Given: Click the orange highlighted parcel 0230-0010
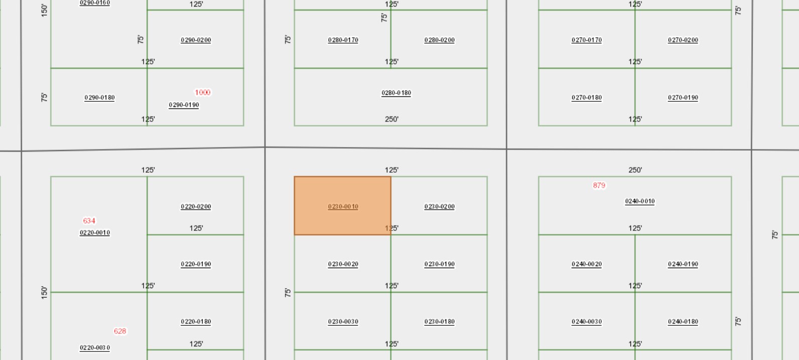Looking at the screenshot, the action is [x=342, y=205].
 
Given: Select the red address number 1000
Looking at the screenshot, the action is [x=203, y=92].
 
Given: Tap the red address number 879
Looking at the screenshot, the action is [x=599, y=185].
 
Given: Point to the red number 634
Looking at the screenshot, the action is [x=89, y=220].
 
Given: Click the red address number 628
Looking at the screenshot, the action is [x=120, y=331].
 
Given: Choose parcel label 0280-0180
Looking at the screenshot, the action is [x=396, y=93].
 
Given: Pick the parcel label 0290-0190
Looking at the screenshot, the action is [x=184, y=105].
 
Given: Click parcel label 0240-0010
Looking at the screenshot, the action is [x=640, y=201].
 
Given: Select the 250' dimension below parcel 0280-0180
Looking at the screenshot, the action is [x=391, y=119].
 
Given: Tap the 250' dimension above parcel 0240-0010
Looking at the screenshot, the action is [x=635, y=170].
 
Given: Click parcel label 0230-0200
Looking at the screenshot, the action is [x=440, y=206].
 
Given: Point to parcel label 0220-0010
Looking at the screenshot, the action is [x=95, y=232].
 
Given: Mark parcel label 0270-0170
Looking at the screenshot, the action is [x=587, y=40].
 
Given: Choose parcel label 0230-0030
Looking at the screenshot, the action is [x=343, y=321].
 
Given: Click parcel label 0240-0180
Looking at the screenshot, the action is [x=683, y=321].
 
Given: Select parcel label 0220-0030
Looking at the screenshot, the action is [x=95, y=347].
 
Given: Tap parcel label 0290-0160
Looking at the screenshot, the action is [x=95, y=3].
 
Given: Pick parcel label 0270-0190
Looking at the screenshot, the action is [x=683, y=97].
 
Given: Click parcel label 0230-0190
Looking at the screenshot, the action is [x=440, y=264].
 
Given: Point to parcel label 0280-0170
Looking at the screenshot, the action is [x=343, y=40].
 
